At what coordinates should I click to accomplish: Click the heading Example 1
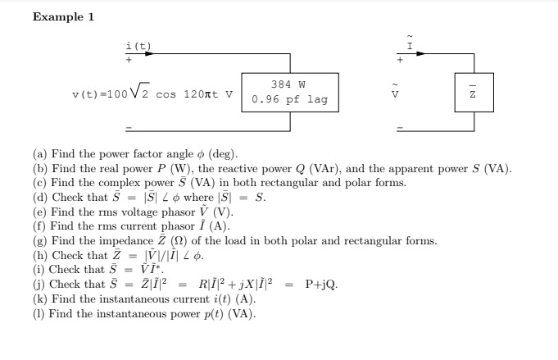pyautogui.click(x=58, y=17)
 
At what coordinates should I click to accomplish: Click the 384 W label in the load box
pyautogui.click(x=288, y=84)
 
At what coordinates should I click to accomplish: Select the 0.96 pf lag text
pyautogui.click(x=289, y=99)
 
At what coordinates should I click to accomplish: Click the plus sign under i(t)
pyautogui.click(x=129, y=60)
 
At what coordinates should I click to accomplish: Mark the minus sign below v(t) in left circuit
pyautogui.click(x=129, y=128)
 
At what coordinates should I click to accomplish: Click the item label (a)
pyautogui.click(x=40, y=154)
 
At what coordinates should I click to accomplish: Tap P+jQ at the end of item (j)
pyautogui.click(x=318, y=285)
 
